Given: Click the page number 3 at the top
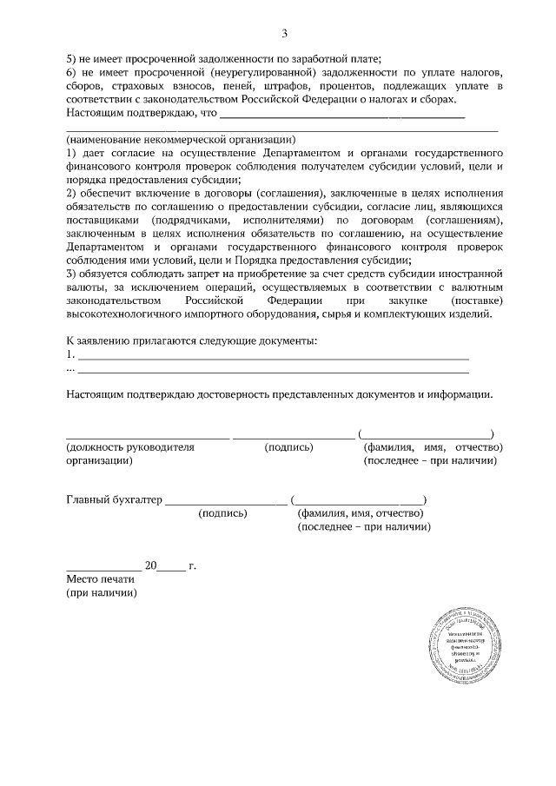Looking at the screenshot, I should pos(283,34).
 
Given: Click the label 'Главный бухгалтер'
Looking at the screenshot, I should pos(114,499).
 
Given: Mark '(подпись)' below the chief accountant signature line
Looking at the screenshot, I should pos(223,513).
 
